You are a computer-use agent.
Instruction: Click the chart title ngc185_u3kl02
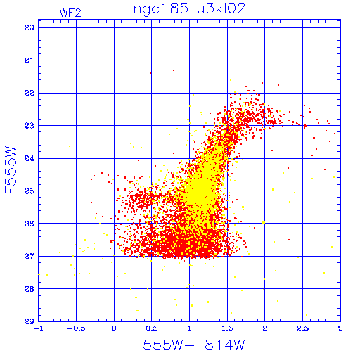point(189,9)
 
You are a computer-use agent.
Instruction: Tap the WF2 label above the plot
point(70,13)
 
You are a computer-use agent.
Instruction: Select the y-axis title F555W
point(11,170)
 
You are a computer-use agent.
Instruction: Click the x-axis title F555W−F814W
point(190,345)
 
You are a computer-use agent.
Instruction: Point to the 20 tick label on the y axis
point(29,27)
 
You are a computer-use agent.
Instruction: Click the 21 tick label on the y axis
point(29,60)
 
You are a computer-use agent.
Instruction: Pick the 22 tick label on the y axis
point(29,93)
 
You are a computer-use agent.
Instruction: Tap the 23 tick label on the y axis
point(29,126)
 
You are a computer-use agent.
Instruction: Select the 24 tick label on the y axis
point(29,158)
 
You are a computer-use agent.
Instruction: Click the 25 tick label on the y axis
point(29,191)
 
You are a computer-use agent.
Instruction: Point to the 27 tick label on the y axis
point(29,257)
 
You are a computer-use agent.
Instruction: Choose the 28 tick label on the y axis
point(29,289)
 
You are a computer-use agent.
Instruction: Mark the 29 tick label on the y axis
point(29,321)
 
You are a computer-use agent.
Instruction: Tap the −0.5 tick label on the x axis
point(77,328)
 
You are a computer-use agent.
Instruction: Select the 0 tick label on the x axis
point(114,328)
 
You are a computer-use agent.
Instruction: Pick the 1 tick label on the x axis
point(189,328)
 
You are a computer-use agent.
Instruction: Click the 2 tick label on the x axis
point(265,328)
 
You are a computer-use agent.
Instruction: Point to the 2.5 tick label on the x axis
point(302,328)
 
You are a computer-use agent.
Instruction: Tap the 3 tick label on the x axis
point(340,328)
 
